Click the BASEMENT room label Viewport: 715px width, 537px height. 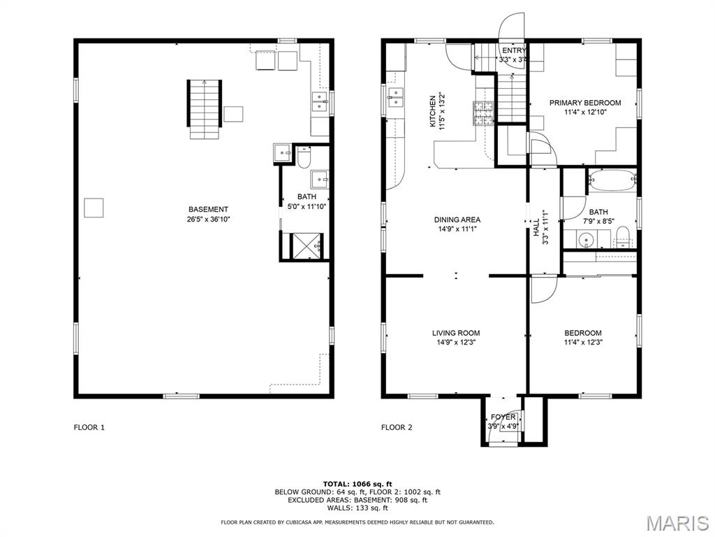(208, 210)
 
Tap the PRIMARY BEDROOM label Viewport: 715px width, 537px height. (585, 103)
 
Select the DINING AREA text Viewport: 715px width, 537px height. (457, 220)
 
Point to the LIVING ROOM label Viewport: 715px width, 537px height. (456, 333)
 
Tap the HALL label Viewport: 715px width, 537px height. (536, 227)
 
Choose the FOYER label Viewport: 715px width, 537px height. (503, 417)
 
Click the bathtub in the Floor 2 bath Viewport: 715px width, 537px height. (612, 181)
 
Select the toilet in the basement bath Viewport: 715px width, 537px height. (304, 157)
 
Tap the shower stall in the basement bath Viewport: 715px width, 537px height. (307, 245)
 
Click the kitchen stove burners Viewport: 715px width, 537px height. (483, 113)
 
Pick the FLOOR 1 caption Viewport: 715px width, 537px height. (89, 427)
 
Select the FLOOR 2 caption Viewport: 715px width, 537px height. (397, 427)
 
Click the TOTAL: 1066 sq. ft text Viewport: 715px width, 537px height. (357, 484)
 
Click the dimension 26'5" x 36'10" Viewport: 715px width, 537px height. (208, 219)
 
